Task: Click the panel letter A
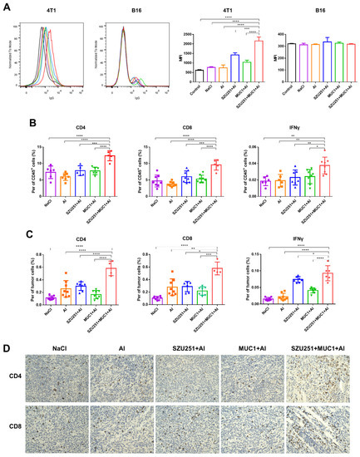pyautogui.click(x=7, y=6)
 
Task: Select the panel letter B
pyautogui.click(x=7, y=122)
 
